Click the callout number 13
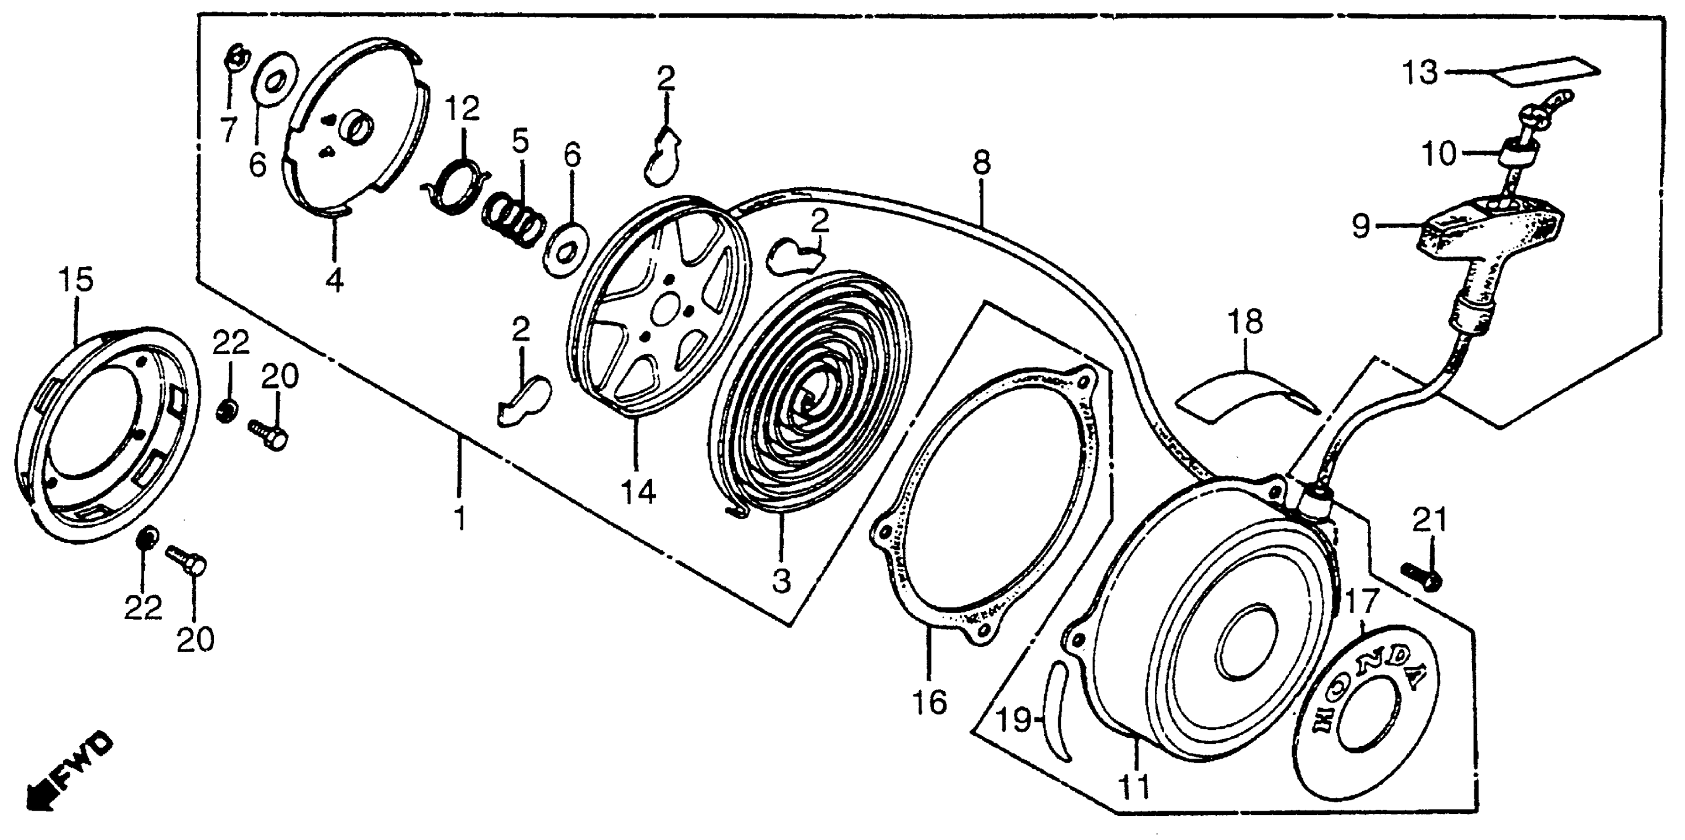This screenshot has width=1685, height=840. point(1420,73)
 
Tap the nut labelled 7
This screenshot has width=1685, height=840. point(234,59)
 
